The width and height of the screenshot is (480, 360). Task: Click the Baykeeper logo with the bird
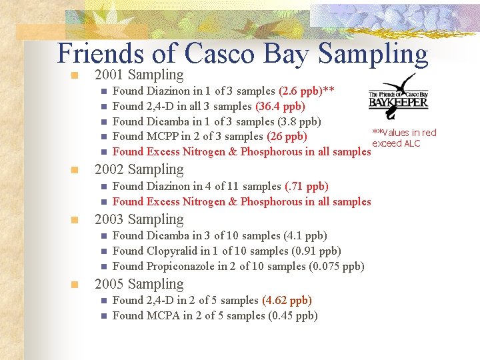[x=398, y=97]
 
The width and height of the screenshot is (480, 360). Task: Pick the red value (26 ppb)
[x=287, y=137]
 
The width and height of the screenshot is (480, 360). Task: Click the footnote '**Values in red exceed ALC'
[x=404, y=138]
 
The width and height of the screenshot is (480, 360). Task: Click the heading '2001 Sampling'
[x=139, y=75]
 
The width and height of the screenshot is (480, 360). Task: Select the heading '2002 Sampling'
[x=139, y=169]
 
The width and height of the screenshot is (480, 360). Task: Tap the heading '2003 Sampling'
[x=139, y=219]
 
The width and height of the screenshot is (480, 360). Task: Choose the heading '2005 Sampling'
[x=139, y=284]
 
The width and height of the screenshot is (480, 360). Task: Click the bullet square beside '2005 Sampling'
[x=76, y=285]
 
